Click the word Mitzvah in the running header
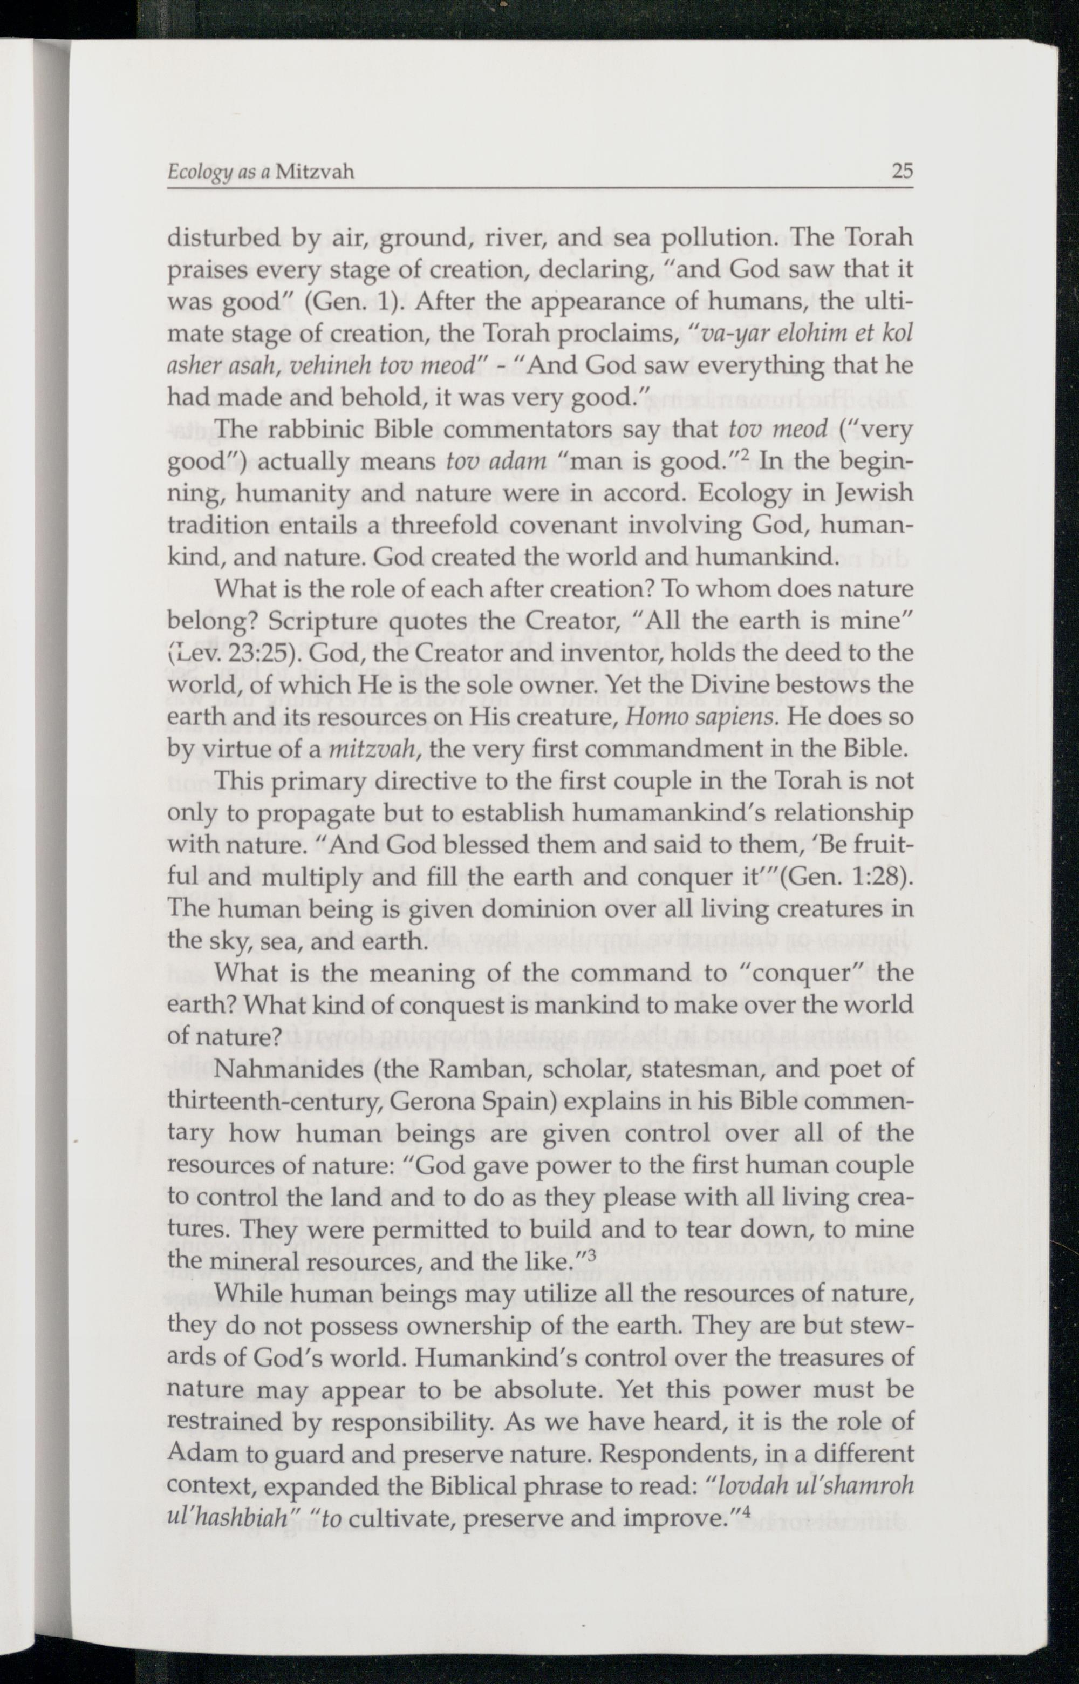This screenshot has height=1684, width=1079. (315, 172)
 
